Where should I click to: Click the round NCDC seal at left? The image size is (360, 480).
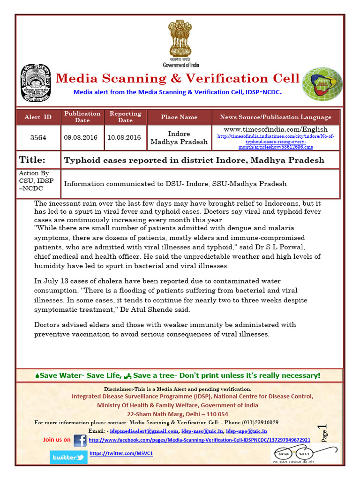[x=36, y=83]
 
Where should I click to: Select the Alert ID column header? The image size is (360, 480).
[x=38, y=117]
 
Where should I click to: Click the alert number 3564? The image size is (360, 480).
[x=38, y=137]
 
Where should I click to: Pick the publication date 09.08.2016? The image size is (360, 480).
[x=82, y=137]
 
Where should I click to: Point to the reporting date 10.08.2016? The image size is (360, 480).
[x=125, y=137]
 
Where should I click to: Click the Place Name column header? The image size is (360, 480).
[x=179, y=117]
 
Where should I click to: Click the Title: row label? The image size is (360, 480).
[x=32, y=160]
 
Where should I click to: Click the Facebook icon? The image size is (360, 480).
[x=80, y=440]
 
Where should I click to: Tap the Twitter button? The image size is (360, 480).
[x=68, y=457]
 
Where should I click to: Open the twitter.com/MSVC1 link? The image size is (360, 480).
[x=121, y=453]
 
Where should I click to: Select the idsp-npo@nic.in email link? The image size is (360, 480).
[x=247, y=431]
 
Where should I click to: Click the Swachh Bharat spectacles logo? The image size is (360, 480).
[x=305, y=453]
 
